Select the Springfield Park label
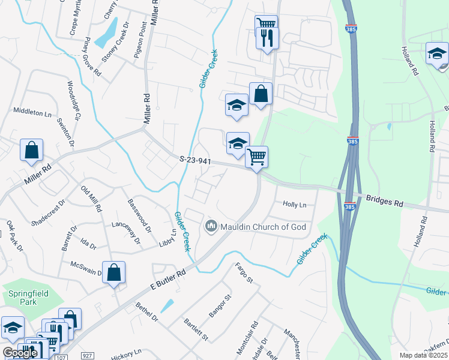[x=23, y=298]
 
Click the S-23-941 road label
[x=195, y=160]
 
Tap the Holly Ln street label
[x=294, y=205]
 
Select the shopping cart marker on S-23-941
[x=257, y=157]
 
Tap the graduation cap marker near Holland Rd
[x=436, y=53]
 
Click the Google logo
[x=20, y=353]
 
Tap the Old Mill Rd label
[x=91, y=199]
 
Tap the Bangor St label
[x=219, y=306]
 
